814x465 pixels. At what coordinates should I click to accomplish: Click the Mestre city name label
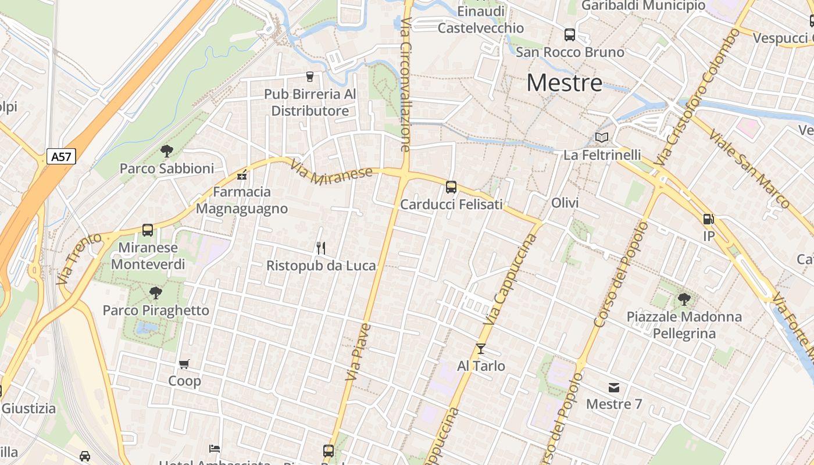(565, 83)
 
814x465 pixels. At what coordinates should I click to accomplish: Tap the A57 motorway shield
(62, 156)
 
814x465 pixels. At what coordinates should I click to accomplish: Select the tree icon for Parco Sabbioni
(167, 151)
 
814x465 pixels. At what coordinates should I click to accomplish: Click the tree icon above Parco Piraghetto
(155, 292)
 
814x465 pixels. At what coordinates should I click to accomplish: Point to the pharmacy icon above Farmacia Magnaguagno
(242, 174)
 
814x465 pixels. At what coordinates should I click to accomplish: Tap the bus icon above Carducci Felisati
(451, 187)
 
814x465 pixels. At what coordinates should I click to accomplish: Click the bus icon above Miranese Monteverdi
(148, 230)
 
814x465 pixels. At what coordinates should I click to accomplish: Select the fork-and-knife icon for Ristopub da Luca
(320, 248)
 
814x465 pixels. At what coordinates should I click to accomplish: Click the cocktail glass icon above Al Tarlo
(481, 349)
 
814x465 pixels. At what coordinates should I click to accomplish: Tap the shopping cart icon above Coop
(184, 364)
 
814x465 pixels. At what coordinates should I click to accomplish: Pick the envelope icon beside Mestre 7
(614, 387)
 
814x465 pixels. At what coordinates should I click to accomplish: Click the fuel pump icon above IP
(708, 219)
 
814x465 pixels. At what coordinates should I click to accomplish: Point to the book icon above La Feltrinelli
(602, 138)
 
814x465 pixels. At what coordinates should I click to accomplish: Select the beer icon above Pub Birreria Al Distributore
(309, 76)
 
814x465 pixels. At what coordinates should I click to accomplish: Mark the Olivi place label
(565, 203)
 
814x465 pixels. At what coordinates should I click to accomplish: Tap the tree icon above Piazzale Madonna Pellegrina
(684, 299)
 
